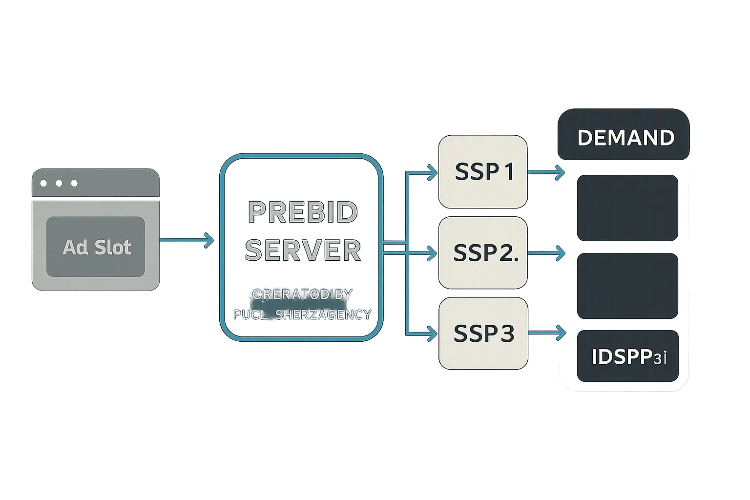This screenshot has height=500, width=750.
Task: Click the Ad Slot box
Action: pos(96,247)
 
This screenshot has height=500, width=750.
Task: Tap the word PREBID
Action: pos(303,212)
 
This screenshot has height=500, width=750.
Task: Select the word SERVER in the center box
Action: pos(303,250)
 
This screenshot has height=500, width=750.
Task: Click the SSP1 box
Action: pos(483,171)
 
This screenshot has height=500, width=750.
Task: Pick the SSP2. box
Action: pos(483,252)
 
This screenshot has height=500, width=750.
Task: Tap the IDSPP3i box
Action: pos(628,356)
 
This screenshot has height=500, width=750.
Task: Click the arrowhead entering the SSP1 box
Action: pos(432,172)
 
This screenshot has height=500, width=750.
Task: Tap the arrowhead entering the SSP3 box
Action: pos(432,334)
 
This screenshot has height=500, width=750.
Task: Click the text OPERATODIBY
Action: pos(302,294)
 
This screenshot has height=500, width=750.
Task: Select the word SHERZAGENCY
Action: pos(323,315)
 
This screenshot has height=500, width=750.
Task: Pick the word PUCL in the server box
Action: pos(250,315)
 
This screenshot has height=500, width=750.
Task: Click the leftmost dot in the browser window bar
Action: pos(43,183)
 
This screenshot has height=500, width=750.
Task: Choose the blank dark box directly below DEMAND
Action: pos(628,208)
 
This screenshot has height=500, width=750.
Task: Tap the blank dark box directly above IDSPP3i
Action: pos(628,286)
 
